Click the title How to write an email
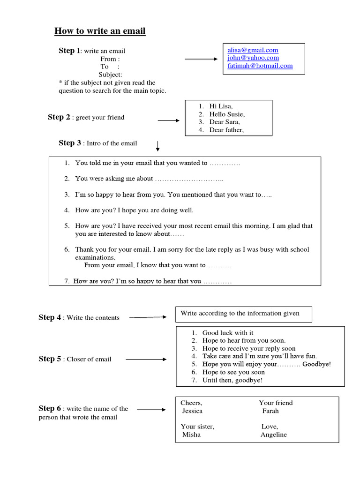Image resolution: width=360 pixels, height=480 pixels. (100, 31)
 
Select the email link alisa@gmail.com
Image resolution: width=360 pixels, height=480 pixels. (253, 50)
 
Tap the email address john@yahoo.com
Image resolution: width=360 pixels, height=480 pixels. (253, 58)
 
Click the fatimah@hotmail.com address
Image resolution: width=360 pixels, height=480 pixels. (260, 66)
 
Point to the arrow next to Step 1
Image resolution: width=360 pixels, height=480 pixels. (202, 60)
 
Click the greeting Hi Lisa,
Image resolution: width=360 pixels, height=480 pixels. (221, 106)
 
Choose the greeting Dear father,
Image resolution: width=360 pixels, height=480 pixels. (226, 130)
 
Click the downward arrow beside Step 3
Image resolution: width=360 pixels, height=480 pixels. (158, 146)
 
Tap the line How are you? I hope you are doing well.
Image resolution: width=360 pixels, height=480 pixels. (134, 210)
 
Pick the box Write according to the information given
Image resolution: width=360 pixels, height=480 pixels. (243, 314)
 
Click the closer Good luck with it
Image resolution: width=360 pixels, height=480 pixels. (228, 333)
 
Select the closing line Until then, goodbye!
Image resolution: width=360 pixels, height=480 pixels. (232, 380)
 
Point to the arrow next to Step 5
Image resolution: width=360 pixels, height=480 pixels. (146, 360)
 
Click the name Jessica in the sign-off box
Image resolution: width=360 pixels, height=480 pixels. (192, 411)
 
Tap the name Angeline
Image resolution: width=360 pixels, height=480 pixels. (273, 435)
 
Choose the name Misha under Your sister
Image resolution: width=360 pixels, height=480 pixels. (191, 435)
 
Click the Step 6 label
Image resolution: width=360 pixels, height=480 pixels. (50, 408)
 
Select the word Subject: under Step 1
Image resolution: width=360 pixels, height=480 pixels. (110, 75)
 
